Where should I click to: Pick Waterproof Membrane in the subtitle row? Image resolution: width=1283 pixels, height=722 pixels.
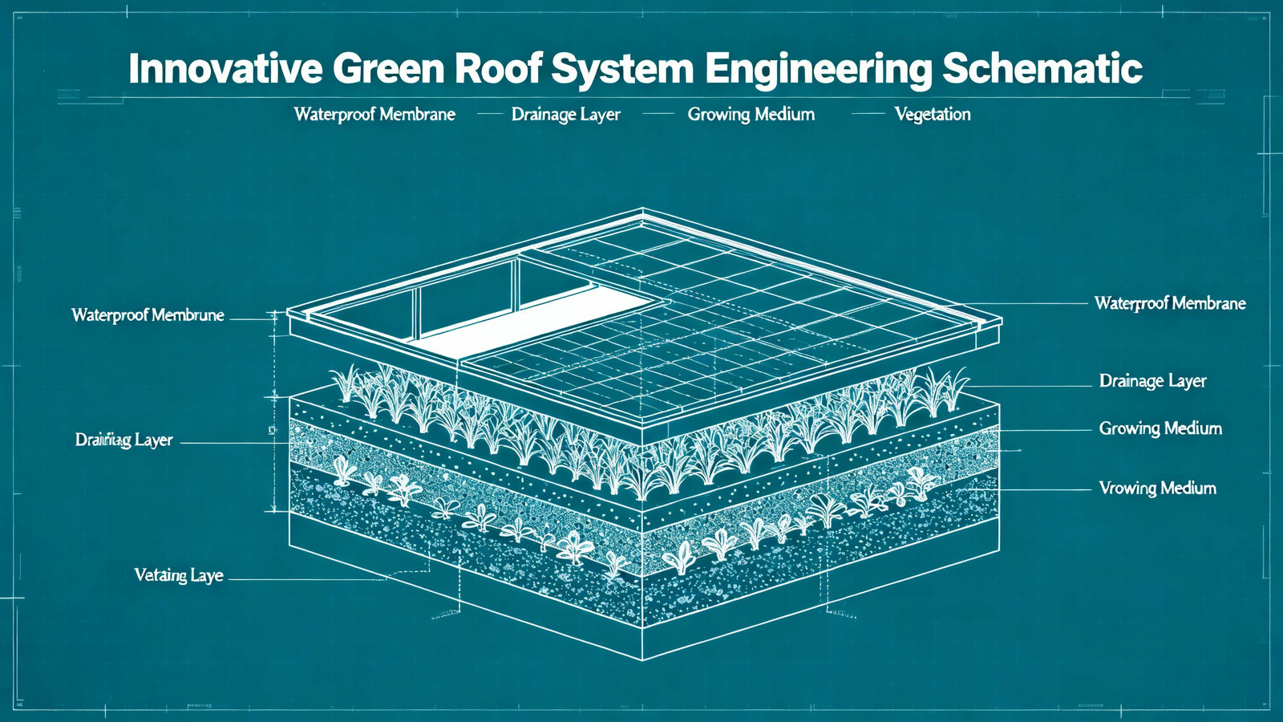click(374, 114)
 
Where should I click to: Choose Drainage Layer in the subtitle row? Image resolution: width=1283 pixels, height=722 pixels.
click(565, 114)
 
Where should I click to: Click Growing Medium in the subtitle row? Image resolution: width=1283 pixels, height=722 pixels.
click(751, 114)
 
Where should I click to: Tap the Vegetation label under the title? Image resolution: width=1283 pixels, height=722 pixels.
click(932, 114)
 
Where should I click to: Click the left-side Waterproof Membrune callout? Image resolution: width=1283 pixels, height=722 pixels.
click(148, 314)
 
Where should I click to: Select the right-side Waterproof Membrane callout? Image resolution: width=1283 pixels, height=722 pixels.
click(1170, 303)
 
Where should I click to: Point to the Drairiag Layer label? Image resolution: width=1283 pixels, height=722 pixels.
click(124, 440)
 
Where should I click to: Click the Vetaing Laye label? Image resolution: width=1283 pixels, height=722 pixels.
click(179, 575)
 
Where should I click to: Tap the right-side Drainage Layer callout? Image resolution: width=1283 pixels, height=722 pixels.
click(1152, 380)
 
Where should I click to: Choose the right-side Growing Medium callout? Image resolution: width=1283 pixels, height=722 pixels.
click(1160, 428)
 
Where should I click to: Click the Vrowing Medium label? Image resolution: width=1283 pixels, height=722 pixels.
click(1157, 488)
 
